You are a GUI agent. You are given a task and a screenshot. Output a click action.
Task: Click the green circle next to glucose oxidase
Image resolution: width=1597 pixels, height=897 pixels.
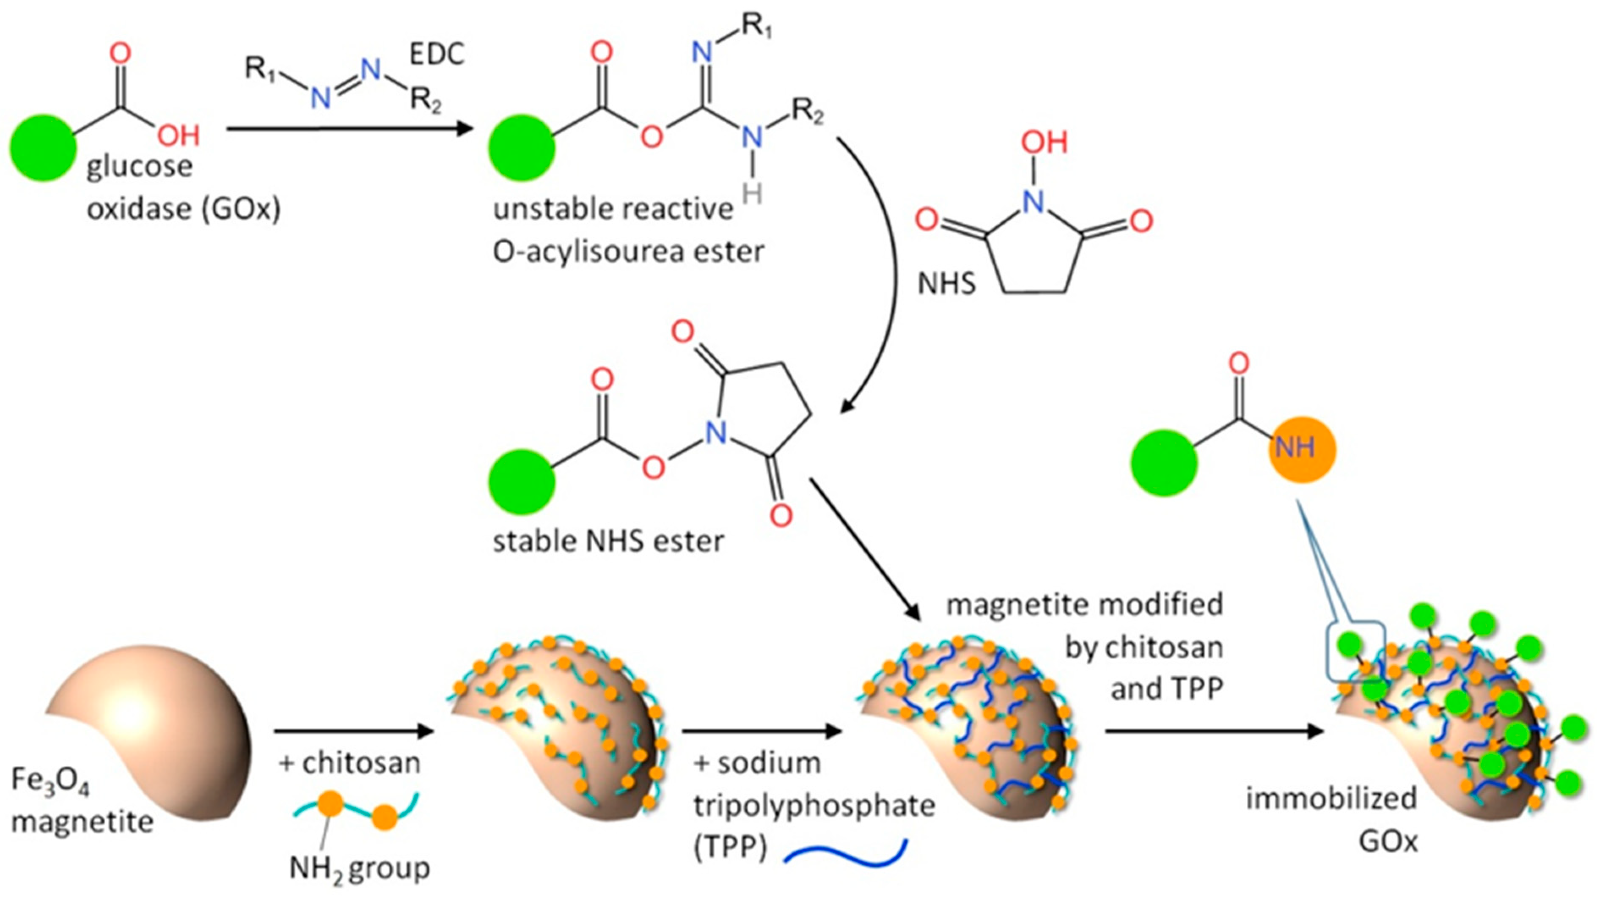pos(43,148)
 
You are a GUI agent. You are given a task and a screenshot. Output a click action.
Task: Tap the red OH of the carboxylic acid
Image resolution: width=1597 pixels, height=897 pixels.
pos(179,135)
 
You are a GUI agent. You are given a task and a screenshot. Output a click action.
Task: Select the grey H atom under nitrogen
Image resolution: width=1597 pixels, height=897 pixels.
pos(752,194)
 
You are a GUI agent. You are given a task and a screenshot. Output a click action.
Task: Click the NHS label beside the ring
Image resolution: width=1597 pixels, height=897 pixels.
pos(946,284)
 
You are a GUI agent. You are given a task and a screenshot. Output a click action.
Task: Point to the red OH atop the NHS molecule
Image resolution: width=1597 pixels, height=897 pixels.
pos(1045,143)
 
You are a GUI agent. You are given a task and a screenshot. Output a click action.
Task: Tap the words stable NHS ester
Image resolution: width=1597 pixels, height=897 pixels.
pos(607,542)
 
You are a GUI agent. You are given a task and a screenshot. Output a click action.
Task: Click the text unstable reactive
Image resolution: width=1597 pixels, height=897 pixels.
pos(613,209)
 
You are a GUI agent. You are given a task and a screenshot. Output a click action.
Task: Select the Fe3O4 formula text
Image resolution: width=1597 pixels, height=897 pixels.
pos(49,781)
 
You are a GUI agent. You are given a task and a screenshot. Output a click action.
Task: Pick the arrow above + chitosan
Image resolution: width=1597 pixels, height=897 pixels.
pos(353,732)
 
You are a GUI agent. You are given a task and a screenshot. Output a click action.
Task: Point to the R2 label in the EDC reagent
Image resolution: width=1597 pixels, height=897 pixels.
pos(426,99)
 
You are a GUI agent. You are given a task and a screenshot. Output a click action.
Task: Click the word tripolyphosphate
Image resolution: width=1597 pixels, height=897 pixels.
pos(814,806)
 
